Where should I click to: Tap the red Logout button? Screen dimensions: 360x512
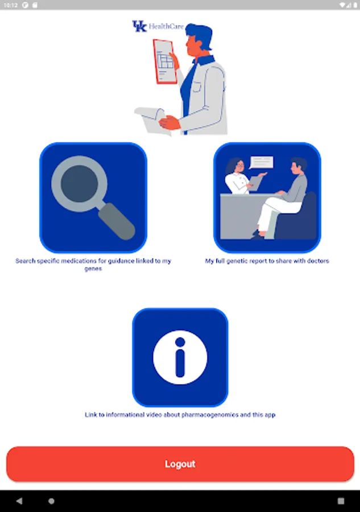[180, 464]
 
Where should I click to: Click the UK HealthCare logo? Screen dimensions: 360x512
[158, 26]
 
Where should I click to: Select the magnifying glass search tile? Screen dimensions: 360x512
[93, 197]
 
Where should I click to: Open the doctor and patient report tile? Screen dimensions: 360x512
[267, 197]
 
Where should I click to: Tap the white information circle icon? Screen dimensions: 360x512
[180, 357]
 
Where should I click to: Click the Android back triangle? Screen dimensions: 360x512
[19, 501]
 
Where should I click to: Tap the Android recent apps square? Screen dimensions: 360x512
[341, 501]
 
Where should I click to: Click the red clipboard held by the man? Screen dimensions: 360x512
[165, 61]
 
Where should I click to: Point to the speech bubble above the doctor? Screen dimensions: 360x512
[261, 163]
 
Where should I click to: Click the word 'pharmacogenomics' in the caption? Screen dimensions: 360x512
[210, 415]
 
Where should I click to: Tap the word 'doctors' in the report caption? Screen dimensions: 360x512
[318, 261]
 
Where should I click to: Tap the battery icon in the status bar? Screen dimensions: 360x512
[355, 5]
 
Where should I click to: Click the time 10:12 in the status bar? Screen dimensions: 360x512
[11, 5]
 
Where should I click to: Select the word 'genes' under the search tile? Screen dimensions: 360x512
[93, 269]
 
